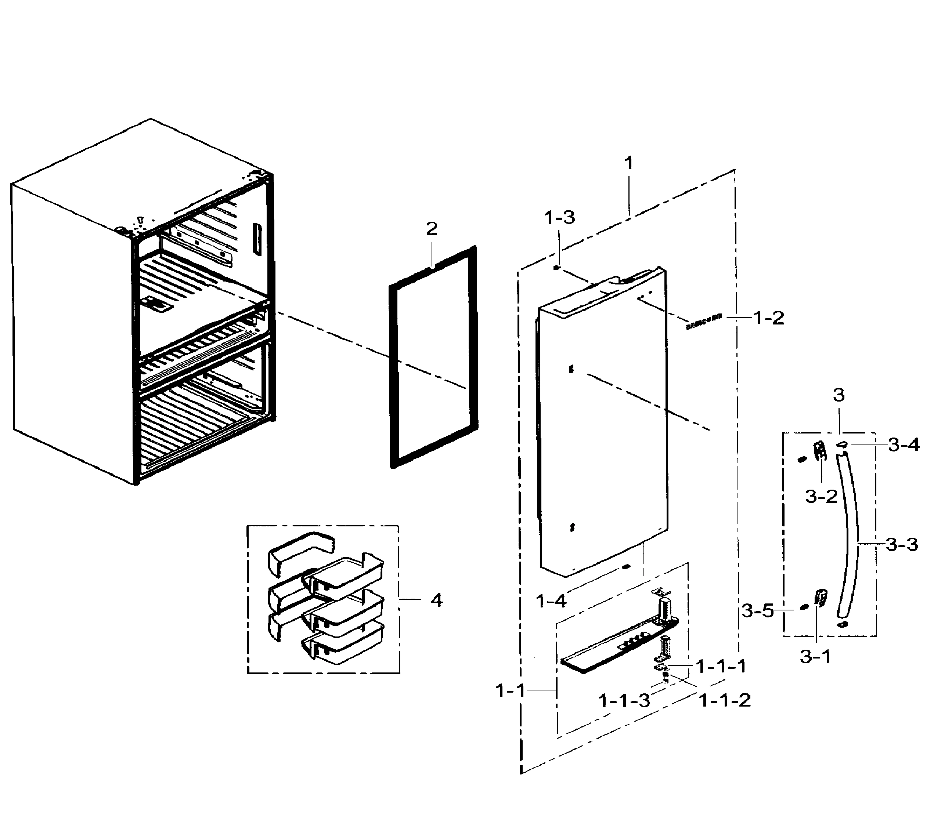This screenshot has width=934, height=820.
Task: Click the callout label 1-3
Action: coord(559,218)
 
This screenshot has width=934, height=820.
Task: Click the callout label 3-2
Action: coord(821,496)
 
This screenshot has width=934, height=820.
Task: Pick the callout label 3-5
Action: coord(758,610)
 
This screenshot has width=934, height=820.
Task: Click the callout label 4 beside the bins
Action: coord(436,601)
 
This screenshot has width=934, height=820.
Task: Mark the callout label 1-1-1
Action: coord(721,667)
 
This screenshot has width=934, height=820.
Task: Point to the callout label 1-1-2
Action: coord(725,700)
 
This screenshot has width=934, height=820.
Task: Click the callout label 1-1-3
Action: coord(624,700)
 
